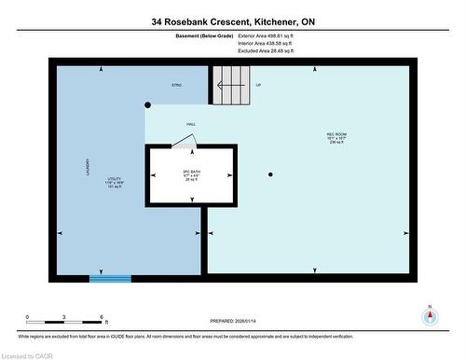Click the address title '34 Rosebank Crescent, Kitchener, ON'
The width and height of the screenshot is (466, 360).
point(232,21)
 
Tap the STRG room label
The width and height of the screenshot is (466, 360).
point(176,85)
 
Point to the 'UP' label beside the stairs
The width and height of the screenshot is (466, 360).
point(258,85)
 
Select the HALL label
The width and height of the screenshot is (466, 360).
point(190,124)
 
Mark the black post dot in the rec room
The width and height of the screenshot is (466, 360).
point(270,174)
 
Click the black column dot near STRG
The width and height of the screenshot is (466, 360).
point(147,105)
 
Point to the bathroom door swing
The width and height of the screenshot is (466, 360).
point(184,141)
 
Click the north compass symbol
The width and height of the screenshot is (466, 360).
point(430,314)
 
